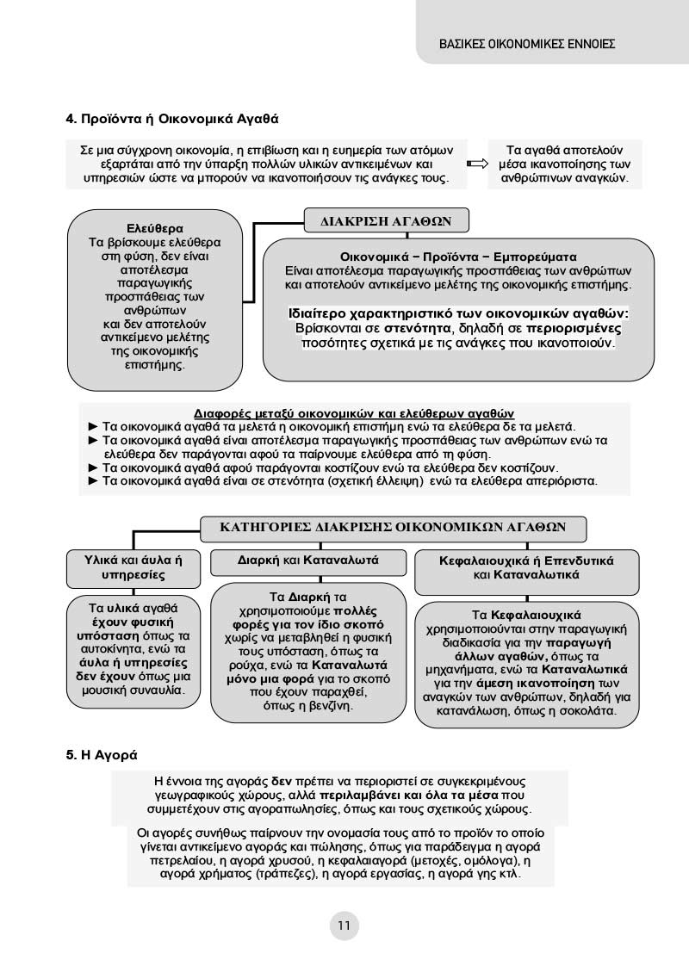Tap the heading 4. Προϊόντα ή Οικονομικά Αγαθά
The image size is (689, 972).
coord(173,117)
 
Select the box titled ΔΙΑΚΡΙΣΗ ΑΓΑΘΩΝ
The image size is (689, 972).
coord(387,221)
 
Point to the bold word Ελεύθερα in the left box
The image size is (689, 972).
coord(155,229)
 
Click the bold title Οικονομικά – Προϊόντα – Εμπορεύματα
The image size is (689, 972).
coord(458,257)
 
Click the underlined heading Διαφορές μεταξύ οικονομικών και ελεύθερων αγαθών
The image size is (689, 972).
coord(354,412)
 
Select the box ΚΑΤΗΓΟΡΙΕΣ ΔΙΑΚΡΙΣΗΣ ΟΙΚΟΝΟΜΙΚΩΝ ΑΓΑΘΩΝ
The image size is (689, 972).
coord(392,527)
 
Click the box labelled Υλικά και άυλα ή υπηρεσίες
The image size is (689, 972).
coord(134,566)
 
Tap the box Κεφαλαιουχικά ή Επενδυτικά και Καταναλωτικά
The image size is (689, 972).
coord(526,566)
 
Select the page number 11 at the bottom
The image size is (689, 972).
coord(344,926)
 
